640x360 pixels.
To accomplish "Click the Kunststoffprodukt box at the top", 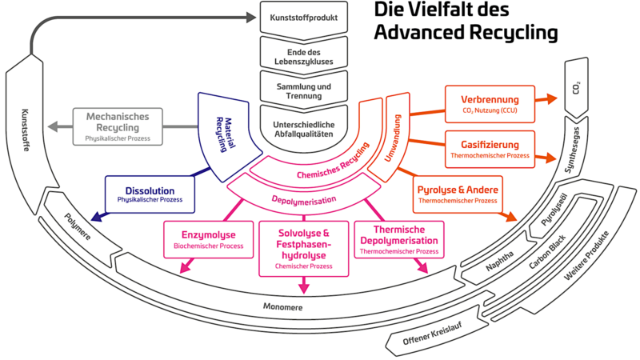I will [x=303, y=16].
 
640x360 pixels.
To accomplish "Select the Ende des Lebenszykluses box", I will [x=303, y=53].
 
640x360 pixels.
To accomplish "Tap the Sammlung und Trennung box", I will [x=303, y=88].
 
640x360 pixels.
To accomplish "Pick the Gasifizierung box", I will [x=490, y=149].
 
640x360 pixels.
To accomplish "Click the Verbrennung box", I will [x=490, y=104].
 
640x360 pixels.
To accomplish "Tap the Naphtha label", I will [x=502, y=254].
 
